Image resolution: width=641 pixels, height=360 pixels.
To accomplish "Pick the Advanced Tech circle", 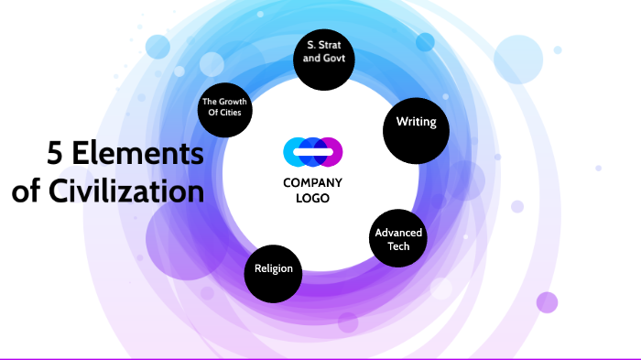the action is click(398, 239).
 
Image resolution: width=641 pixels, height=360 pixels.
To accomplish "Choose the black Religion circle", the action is click(274, 270).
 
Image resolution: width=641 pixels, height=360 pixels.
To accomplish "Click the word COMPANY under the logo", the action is click(312, 182).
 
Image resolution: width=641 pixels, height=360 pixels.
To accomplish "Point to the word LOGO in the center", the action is click(312, 198).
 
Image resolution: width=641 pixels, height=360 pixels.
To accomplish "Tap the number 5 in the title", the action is click(56, 154).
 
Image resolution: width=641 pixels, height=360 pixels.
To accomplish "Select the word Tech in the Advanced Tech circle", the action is click(398, 246).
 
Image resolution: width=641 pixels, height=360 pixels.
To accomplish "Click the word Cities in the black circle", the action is click(237, 114).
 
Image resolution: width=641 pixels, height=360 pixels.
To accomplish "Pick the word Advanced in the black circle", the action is click(398, 233).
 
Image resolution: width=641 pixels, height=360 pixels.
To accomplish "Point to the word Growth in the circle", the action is click(233, 103).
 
